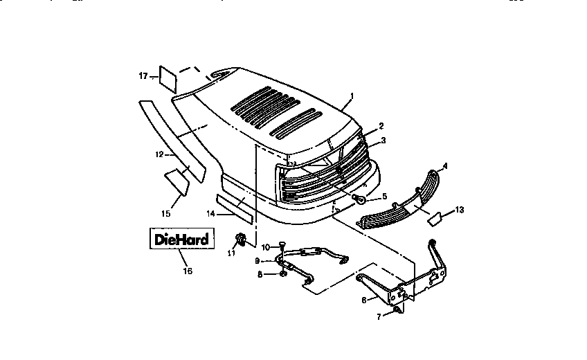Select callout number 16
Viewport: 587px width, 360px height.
click(x=188, y=271)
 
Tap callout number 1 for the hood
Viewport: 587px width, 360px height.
click(x=352, y=96)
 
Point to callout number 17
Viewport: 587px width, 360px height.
click(x=143, y=75)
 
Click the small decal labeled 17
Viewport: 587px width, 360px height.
click(x=169, y=78)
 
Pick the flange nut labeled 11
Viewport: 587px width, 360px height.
click(x=241, y=240)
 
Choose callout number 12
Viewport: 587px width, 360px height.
click(x=158, y=154)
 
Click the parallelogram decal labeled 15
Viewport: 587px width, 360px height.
click(x=178, y=182)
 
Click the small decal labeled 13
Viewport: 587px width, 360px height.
click(x=437, y=219)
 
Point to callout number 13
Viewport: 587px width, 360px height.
click(x=460, y=209)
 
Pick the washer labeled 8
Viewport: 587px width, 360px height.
click(x=285, y=274)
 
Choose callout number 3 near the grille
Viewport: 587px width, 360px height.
click(x=383, y=141)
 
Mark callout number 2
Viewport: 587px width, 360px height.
click(x=381, y=126)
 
